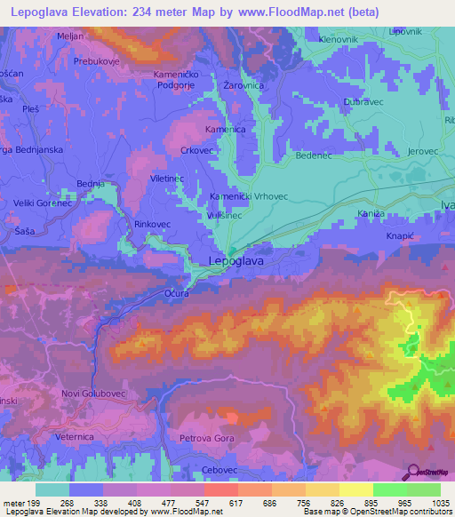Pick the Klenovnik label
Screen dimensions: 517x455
(x=340, y=40)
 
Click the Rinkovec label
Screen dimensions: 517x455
(x=152, y=224)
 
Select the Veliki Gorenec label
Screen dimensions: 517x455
(x=42, y=203)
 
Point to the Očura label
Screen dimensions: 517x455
(x=176, y=292)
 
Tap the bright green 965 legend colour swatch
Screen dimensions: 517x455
(x=389, y=489)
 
